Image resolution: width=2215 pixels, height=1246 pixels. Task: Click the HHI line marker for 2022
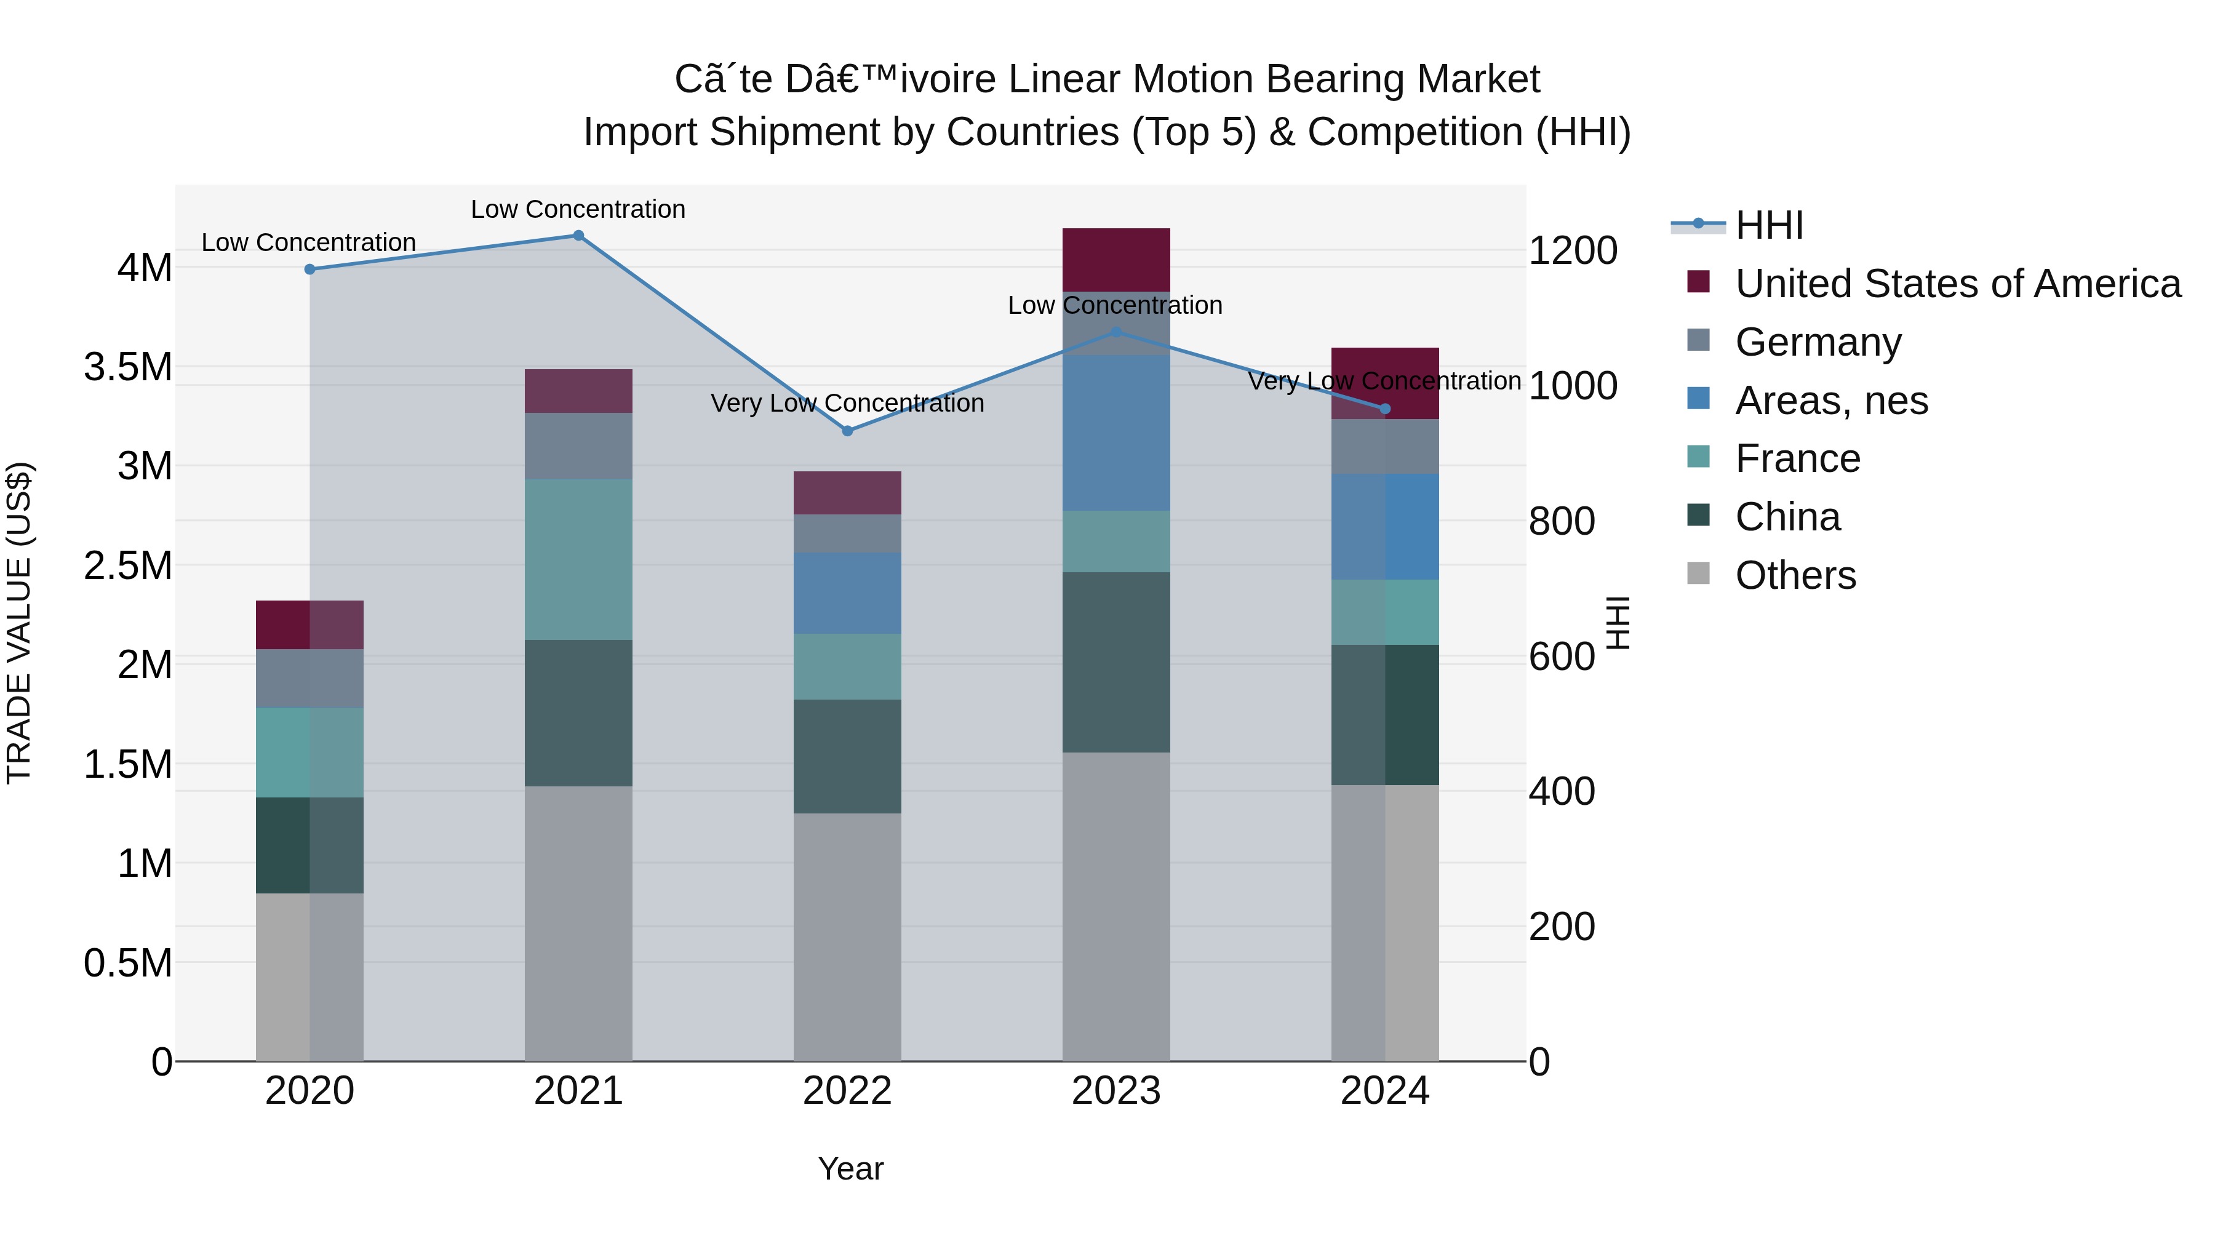click(847, 431)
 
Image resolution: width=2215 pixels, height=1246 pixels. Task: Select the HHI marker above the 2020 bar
click(309, 269)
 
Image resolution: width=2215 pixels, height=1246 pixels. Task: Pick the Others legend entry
click(1795, 575)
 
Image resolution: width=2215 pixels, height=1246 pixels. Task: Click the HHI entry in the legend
click(1769, 225)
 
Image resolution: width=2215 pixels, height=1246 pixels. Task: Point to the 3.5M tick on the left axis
click(128, 367)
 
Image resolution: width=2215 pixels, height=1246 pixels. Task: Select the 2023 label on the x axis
click(1115, 1091)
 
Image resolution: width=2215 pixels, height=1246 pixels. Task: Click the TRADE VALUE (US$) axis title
click(20, 623)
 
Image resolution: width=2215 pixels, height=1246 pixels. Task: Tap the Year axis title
click(850, 1168)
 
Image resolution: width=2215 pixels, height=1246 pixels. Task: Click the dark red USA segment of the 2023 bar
click(1115, 259)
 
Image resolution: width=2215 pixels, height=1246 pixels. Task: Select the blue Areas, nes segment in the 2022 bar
click(847, 593)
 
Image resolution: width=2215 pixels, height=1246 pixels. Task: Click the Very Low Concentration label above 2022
click(847, 403)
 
